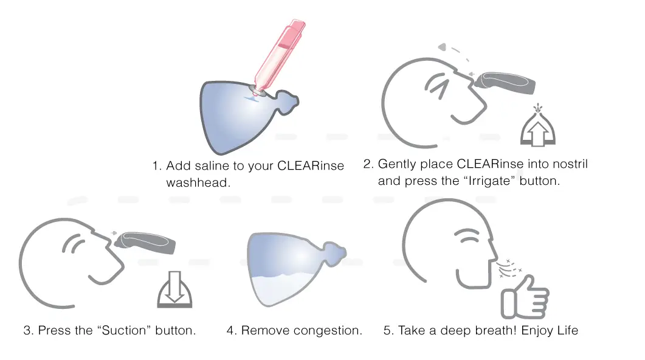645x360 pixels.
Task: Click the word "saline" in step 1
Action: coord(232,166)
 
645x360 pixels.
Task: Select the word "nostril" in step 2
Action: coord(568,164)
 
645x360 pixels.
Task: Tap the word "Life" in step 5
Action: coord(567,331)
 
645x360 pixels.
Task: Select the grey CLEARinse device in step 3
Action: coord(147,243)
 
